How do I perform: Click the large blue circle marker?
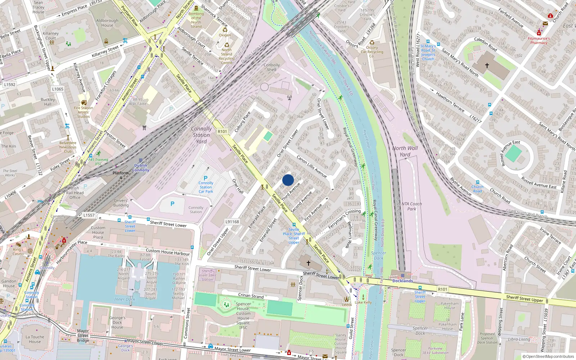click(288, 180)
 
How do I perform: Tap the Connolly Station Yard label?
click(201, 135)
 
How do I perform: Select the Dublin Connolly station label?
click(141, 168)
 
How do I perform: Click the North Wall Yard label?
click(405, 151)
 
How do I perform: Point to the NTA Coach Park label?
click(411, 206)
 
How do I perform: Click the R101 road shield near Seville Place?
click(222, 131)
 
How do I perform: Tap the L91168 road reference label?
click(232, 222)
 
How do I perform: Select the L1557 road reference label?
click(89, 215)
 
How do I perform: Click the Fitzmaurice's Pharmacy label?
click(539, 40)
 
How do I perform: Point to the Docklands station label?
click(402, 281)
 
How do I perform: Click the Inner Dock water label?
click(125, 299)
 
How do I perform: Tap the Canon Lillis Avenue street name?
click(311, 166)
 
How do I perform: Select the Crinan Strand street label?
click(251, 296)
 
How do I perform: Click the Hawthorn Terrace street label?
click(450, 102)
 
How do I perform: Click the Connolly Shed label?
click(272, 67)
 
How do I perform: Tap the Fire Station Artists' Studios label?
click(84, 112)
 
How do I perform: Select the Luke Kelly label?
click(363, 302)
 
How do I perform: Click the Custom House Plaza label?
click(98, 232)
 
